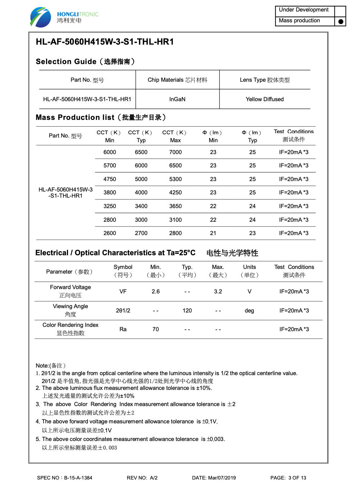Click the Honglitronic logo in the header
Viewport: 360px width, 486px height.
tap(64, 17)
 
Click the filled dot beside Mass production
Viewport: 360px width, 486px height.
tap(341, 22)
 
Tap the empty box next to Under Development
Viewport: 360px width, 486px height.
tap(340, 10)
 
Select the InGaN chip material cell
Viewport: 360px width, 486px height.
tap(177, 99)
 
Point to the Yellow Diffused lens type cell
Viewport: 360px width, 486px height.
tap(265, 99)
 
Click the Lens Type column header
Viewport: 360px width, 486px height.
tap(265, 80)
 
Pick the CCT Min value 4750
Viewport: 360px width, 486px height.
tap(110, 179)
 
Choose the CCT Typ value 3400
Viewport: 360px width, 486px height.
tap(141, 206)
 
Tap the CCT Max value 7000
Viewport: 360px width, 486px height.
tap(175, 152)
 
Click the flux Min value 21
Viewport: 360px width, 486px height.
tap(213, 233)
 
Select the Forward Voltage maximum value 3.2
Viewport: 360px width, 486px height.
tap(218, 292)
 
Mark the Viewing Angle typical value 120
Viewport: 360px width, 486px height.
tap(187, 311)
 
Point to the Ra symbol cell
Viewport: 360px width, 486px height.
tap(123, 329)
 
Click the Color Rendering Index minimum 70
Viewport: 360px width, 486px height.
tap(156, 329)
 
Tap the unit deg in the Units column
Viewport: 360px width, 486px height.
tap(249, 311)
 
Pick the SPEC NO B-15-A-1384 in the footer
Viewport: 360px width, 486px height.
tap(65, 478)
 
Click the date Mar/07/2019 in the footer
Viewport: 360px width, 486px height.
tap(214, 478)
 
